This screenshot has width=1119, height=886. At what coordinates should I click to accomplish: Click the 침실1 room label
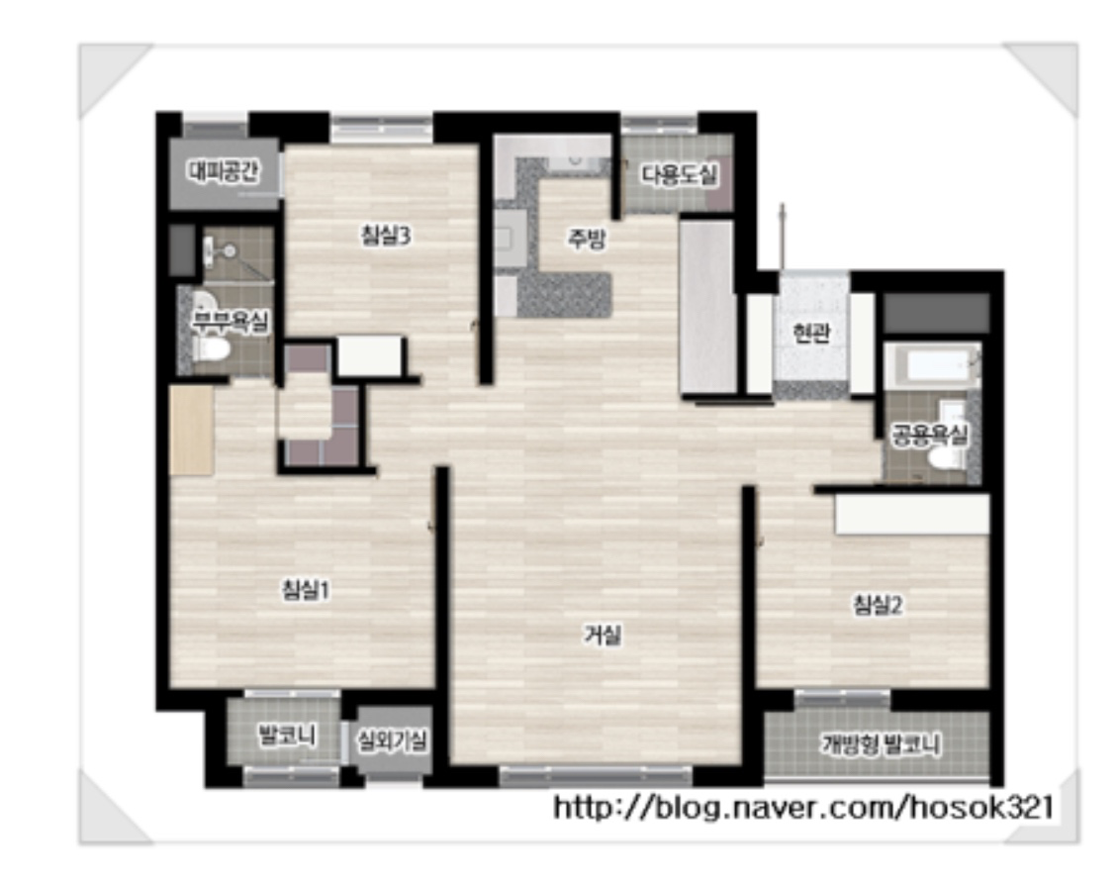click(306, 590)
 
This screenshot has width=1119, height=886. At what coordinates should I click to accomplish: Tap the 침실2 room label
click(878, 606)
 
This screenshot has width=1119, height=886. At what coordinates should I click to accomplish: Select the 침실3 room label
click(386, 236)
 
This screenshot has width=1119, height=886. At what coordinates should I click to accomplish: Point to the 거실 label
click(603, 635)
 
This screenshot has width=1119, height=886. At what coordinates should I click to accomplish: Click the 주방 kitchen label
click(587, 239)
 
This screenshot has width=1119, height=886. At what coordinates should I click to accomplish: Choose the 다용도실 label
click(679, 175)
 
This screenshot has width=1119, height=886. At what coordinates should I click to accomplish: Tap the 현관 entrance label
click(811, 333)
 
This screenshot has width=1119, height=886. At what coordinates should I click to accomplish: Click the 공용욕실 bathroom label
click(930, 434)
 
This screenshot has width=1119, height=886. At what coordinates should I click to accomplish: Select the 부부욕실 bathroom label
click(230, 322)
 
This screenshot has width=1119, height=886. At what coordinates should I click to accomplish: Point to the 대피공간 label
click(224, 170)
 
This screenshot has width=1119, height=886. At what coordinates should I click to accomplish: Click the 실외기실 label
click(393, 741)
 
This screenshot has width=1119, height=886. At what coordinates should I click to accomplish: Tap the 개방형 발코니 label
click(882, 744)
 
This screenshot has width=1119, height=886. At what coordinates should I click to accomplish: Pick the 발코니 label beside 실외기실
click(287, 735)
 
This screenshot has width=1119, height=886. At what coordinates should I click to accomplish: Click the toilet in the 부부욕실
click(212, 349)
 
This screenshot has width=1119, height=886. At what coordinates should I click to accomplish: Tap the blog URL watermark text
click(804, 808)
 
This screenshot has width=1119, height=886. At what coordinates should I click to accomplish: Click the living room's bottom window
click(596, 776)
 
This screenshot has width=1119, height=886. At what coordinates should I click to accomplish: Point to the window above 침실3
click(382, 129)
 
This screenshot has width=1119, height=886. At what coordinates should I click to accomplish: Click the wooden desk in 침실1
click(191, 431)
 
